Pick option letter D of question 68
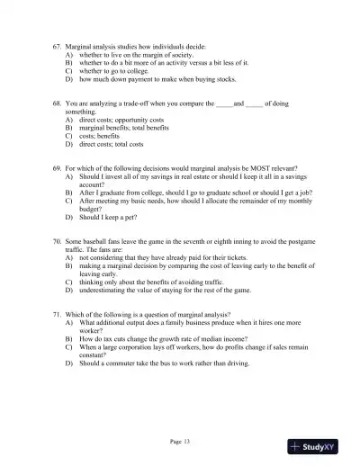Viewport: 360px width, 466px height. click(x=69, y=144)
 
